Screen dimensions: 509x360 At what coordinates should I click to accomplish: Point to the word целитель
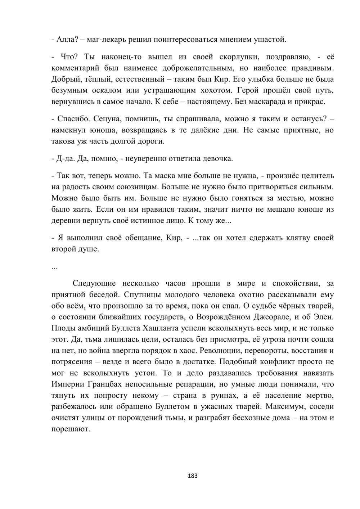[x=317, y=176]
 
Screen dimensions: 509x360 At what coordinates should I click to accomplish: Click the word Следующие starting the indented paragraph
[x=94, y=284]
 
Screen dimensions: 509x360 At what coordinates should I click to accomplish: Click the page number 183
[x=193, y=476]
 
